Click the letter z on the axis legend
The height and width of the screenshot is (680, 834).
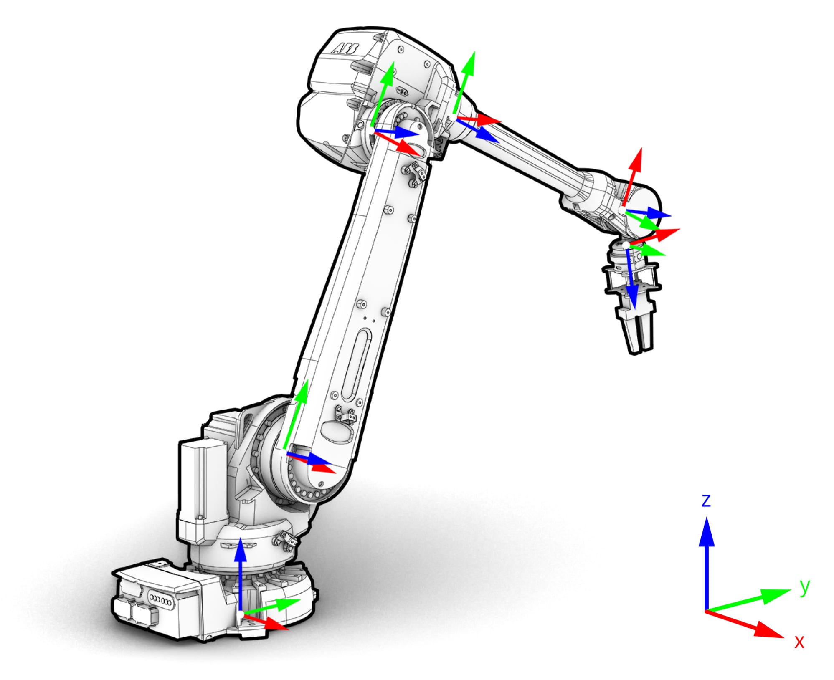click(706, 501)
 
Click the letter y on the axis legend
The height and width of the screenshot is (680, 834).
click(804, 586)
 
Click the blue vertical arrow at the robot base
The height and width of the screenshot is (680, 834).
click(240, 572)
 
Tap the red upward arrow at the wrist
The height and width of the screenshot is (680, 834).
click(633, 175)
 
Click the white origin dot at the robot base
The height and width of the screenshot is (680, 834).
click(241, 614)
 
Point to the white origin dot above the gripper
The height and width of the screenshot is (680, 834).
click(626, 245)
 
